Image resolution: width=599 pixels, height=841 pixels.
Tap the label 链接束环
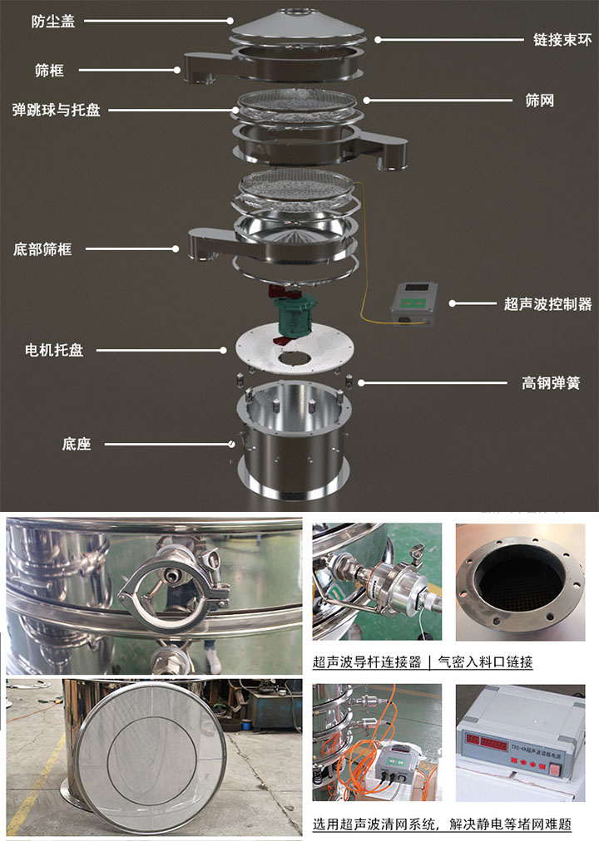pos(562,39)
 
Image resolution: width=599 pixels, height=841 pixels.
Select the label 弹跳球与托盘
pos(57,110)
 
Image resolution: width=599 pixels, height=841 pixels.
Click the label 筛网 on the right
pos(539,101)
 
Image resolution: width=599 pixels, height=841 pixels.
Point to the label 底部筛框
pos(42,248)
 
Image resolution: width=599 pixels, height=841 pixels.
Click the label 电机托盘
pos(54,351)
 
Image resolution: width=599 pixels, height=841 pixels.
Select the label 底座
pos(76,444)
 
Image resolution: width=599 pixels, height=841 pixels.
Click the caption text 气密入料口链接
pos(487,662)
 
